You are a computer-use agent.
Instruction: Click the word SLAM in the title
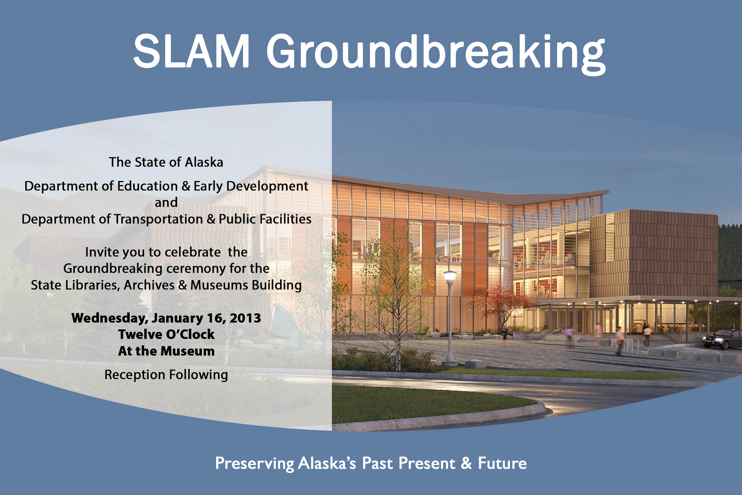(192, 51)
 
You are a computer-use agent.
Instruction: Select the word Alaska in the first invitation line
(204, 162)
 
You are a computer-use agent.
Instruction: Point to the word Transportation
(158, 219)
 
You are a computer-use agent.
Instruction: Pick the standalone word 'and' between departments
(166, 202)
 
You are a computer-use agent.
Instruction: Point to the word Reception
(135, 375)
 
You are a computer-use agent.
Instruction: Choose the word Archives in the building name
(149, 285)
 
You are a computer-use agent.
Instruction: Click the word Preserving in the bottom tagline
(254, 464)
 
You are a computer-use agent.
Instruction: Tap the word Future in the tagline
(502, 464)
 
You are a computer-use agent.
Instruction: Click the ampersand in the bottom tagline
(466, 464)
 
